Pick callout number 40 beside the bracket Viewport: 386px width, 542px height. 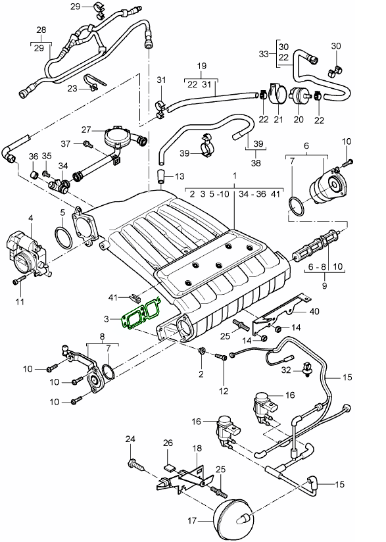pos(314,312)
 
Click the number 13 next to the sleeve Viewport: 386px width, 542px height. pos(180,177)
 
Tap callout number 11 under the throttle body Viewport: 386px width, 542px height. pos(19,301)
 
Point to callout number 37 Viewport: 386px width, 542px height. pos(66,143)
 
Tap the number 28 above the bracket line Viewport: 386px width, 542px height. pos(41,30)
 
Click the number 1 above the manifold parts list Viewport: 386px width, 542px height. pos(233,176)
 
